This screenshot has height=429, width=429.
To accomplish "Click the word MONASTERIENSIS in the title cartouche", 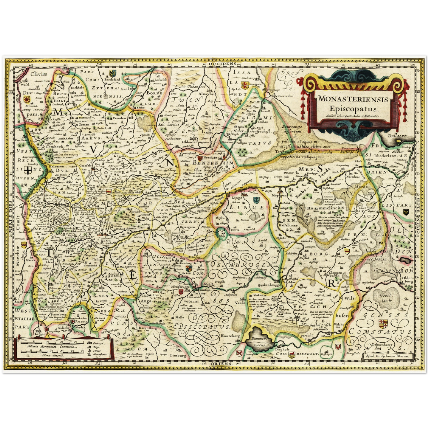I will point(353,99).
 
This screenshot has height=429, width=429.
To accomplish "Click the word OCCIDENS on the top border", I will point(226,64).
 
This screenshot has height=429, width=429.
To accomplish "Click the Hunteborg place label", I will point(230,335).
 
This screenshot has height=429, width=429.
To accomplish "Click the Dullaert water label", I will point(397,136).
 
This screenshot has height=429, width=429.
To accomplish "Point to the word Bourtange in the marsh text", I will point(292,126).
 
